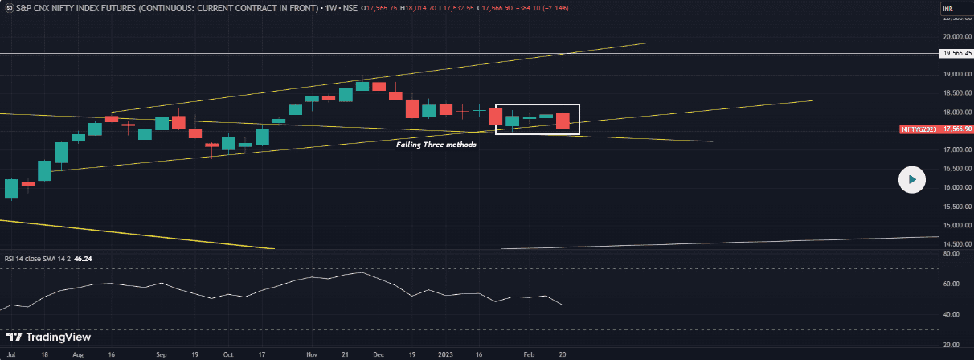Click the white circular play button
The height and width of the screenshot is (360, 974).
(x=911, y=179)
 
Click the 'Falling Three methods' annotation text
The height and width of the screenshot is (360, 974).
(x=436, y=145)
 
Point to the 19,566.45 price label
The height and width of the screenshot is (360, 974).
(x=956, y=54)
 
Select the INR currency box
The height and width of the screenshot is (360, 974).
(x=949, y=9)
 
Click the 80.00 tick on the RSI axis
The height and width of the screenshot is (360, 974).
(x=951, y=253)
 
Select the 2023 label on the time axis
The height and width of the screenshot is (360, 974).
(x=446, y=354)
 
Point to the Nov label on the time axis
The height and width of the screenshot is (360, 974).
(x=312, y=354)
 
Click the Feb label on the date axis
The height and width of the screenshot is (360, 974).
(x=529, y=354)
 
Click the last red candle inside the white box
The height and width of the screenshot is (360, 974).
(x=563, y=121)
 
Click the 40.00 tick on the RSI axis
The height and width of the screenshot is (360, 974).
(x=951, y=314)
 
